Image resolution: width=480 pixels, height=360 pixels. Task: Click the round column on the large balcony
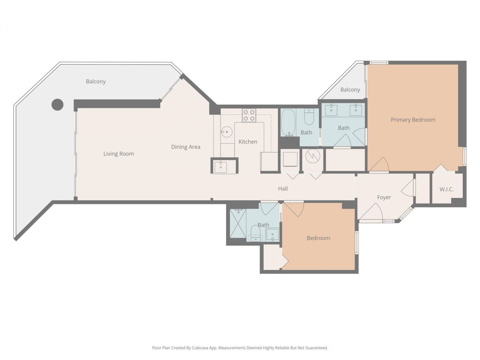57,105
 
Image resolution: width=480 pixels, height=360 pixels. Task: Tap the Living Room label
118,154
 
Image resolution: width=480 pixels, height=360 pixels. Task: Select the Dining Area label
186,147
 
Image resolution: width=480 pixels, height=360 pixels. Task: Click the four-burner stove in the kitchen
249,115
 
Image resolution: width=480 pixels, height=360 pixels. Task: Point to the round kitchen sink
226,131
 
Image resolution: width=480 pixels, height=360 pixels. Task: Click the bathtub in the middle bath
288,122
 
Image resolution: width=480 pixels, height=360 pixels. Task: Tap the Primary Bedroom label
413,120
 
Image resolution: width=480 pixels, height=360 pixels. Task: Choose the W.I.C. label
446,189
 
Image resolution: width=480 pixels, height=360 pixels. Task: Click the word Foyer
384,197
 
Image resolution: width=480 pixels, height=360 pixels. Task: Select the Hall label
283,189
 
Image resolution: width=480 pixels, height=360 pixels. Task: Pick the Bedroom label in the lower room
318,238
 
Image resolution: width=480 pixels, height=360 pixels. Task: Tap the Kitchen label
248,142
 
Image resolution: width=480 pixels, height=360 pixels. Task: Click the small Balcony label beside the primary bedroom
350,90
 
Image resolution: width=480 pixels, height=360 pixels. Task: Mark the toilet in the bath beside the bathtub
309,118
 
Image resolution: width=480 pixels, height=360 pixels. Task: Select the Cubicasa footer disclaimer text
240,348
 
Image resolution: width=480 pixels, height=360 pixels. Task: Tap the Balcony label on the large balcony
96,81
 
